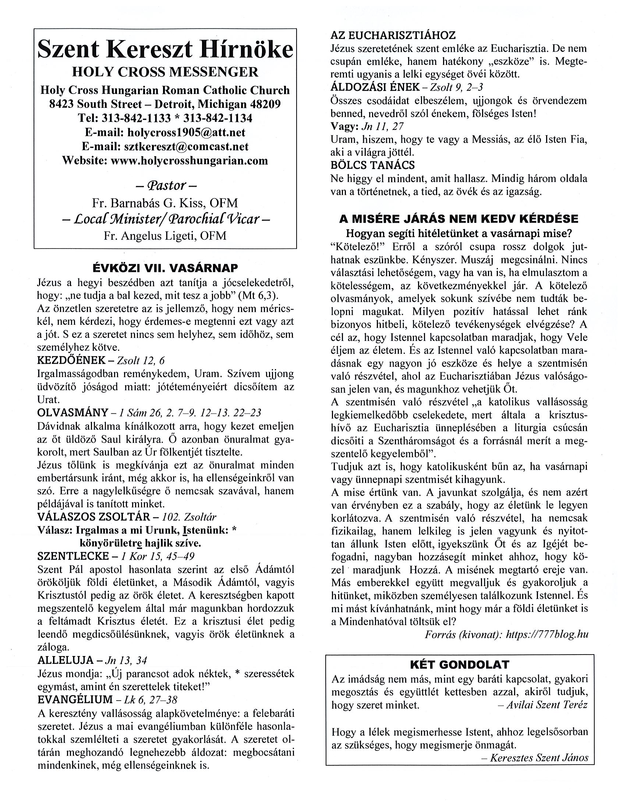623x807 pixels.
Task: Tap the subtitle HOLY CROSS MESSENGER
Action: (165, 72)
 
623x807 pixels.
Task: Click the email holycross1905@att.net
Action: (186, 132)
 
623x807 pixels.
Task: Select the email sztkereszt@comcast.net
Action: (186, 146)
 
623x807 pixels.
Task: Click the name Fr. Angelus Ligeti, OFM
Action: (165, 235)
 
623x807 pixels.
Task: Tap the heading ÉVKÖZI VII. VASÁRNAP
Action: (165, 268)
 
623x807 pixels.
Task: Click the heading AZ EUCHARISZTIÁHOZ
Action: (393, 35)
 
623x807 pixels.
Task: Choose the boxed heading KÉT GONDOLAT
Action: (459, 665)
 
